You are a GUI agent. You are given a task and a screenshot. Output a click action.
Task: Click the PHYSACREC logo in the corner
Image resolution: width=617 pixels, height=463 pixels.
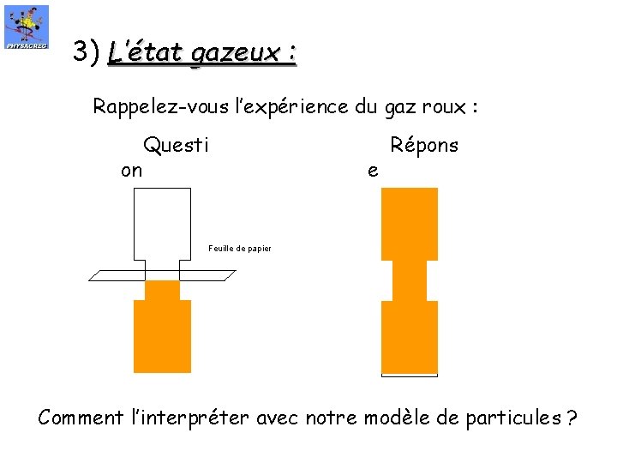(27, 27)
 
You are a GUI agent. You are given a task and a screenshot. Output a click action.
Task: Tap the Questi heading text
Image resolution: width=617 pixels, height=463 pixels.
(176, 145)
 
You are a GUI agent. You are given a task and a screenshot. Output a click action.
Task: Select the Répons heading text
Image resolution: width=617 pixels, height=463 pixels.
(424, 145)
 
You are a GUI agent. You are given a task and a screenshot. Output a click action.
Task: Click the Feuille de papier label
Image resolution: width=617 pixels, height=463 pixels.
(239, 249)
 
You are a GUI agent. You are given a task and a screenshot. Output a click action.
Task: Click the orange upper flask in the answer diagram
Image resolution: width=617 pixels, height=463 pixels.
(409, 223)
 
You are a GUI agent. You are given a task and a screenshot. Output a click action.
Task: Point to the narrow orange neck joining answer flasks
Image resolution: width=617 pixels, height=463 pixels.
(409, 280)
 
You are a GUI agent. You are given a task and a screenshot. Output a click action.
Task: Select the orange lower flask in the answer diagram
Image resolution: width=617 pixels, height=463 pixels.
(409, 336)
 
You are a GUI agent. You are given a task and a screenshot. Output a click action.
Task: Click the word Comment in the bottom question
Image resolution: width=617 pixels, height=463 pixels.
(81, 418)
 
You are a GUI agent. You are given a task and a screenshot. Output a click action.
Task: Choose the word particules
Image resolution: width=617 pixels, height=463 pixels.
(507, 418)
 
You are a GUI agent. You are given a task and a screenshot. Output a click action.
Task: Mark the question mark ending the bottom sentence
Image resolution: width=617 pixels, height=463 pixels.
(571, 418)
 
